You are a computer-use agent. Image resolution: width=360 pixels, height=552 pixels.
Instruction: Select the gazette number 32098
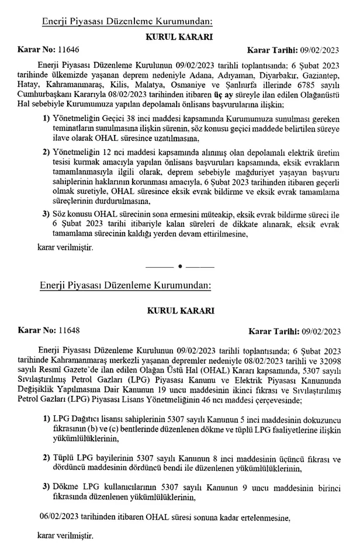click(x=333, y=360)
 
